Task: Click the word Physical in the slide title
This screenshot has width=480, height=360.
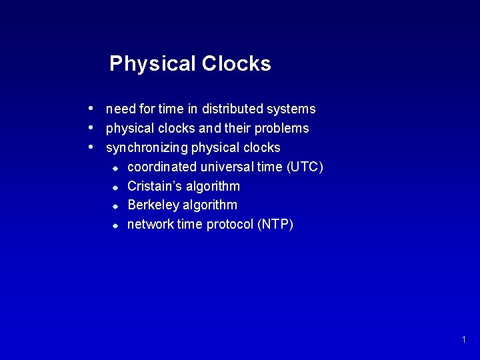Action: coord(151,64)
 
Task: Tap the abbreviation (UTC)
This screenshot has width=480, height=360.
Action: coord(304,167)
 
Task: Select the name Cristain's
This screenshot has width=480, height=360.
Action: coord(153,186)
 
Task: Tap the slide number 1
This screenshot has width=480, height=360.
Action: coord(463,340)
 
